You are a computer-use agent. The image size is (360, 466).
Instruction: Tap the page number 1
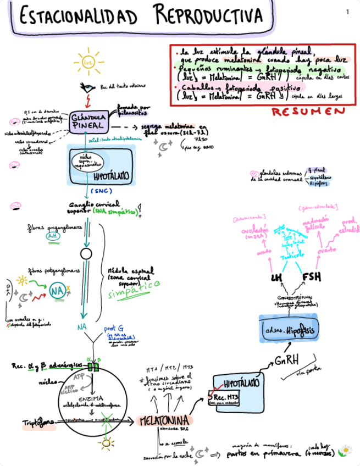(x=348, y=12)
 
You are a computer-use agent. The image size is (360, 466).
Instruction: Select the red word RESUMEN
(x=309, y=112)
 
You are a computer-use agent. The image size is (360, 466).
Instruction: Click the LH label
(x=277, y=278)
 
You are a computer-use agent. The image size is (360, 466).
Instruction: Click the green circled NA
(x=57, y=290)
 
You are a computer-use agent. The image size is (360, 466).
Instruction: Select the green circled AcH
(x=53, y=236)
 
